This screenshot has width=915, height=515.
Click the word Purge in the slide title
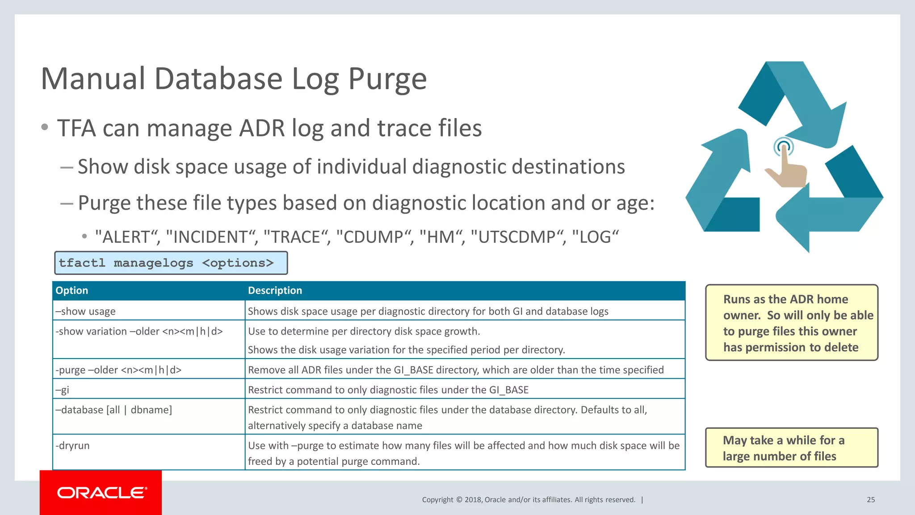click(387, 80)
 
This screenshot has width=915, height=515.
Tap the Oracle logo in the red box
click(101, 493)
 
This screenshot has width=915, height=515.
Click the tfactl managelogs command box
click(171, 263)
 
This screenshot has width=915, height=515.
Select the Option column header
click(72, 291)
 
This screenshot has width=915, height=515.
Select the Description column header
click(275, 291)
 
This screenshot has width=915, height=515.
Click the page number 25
click(870, 500)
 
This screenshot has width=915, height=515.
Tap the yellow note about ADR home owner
click(791, 323)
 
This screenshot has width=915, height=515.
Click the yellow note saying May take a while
click(791, 448)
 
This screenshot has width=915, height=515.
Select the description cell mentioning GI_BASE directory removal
click(456, 370)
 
